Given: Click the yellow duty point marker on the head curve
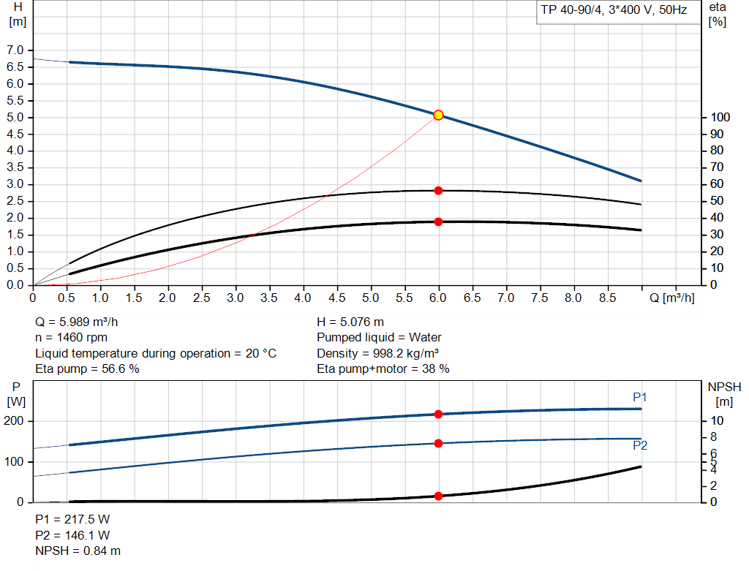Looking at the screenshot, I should pyautogui.click(x=438, y=115).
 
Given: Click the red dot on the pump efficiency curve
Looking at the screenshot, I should pyautogui.click(x=439, y=190).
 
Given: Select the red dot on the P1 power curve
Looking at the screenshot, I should pyautogui.click(x=439, y=414).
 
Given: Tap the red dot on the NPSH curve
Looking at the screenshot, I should pyautogui.click(x=439, y=496).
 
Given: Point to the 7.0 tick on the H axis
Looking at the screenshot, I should pyautogui.click(x=15, y=50).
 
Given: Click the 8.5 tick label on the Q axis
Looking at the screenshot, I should pyautogui.click(x=607, y=298).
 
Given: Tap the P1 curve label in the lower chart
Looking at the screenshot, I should pyautogui.click(x=640, y=397).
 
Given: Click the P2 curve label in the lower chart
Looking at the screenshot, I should pyautogui.click(x=640, y=445).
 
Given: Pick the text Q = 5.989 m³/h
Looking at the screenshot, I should pyautogui.click(x=78, y=322).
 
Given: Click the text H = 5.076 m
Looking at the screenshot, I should pyautogui.click(x=350, y=322).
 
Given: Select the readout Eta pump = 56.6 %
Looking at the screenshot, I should pyautogui.click(x=88, y=368).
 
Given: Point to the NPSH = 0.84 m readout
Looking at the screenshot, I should pyautogui.click(x=78, y=551).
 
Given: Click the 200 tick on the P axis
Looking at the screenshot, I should pyautogui.click(x=15, y=421).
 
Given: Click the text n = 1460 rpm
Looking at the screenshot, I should pyautogui.click(x=72, y=337).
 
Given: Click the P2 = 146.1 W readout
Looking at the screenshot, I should pyautogui.click(x=72, y=534).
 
